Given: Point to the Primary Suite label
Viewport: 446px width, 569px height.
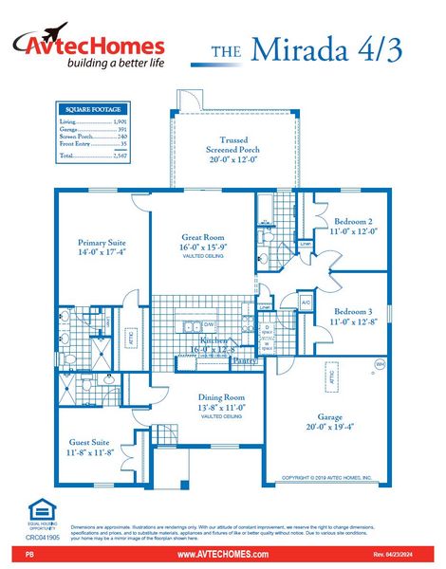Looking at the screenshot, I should tap(102, 243).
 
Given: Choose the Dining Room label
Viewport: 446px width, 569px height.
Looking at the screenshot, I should tap(221, 397).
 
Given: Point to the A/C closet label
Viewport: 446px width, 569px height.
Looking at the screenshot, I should tap(306, 302).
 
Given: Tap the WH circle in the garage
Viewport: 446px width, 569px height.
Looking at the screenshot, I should tap(380, 362).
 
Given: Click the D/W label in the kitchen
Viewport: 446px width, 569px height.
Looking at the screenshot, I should tap(209, 324).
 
